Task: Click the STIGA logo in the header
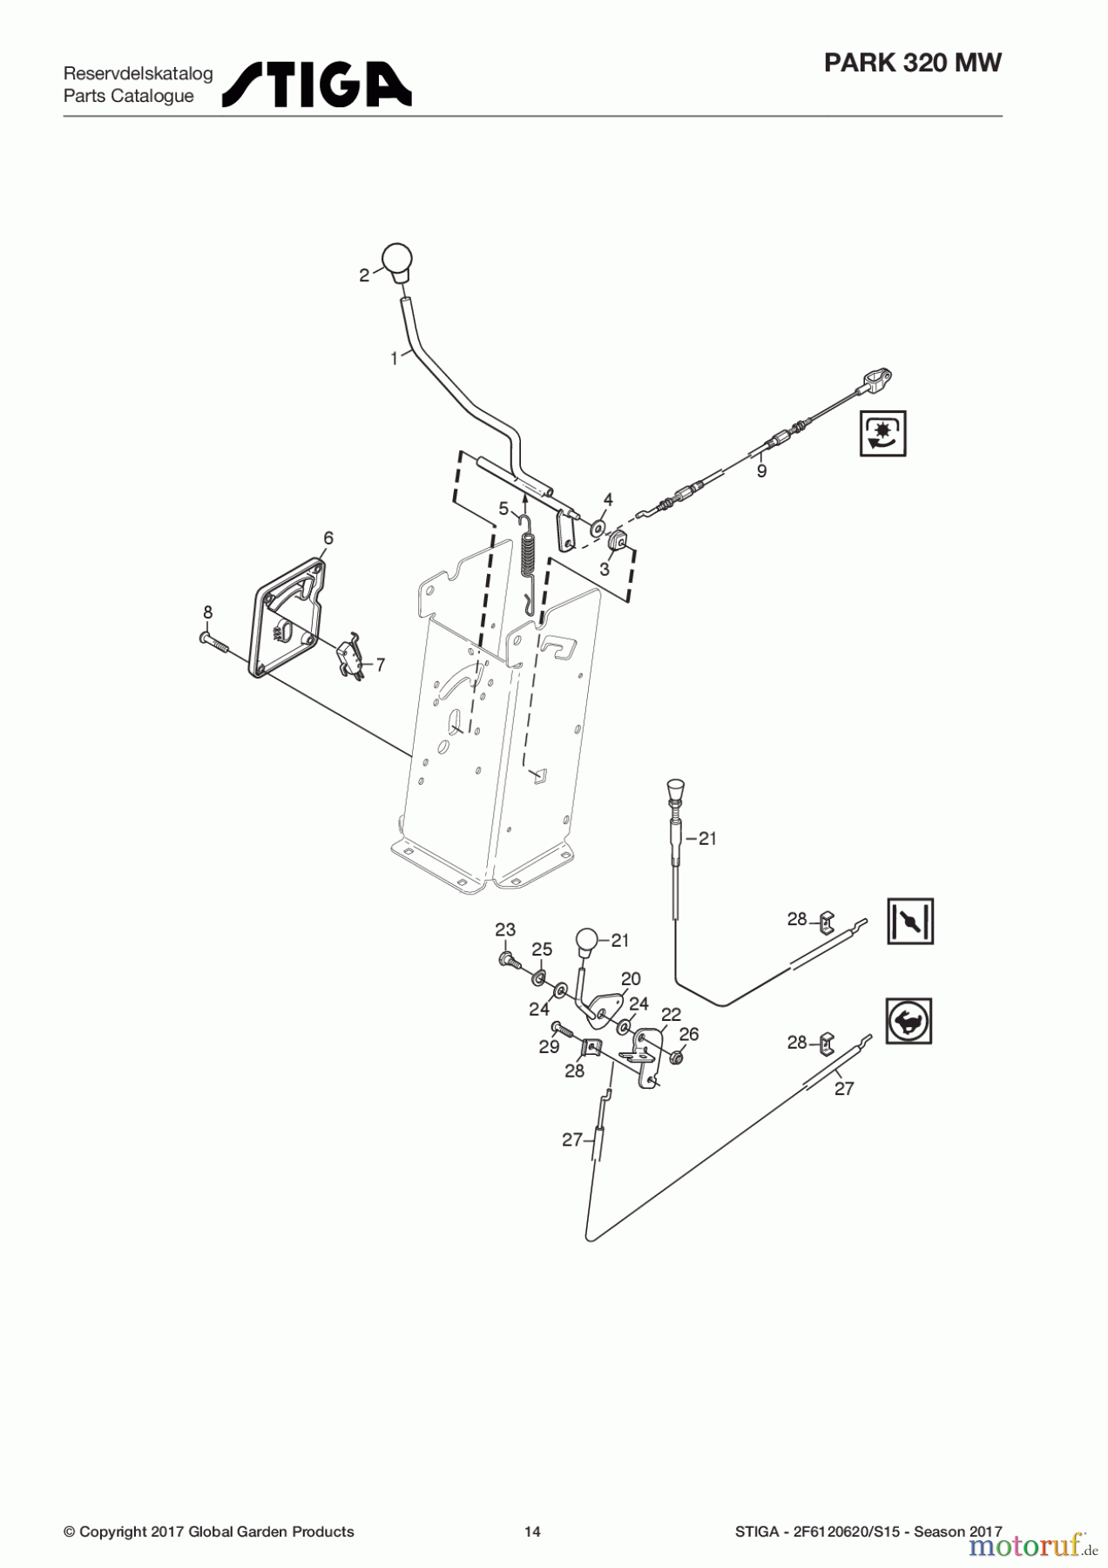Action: pyautogui.click(x=317, y=84)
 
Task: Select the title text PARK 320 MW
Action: pyautogui.click(x=912, y=64)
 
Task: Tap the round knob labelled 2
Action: pyautogui.click(x=397, y=260)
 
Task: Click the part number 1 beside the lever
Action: pyautogui.click(x=395, y=358)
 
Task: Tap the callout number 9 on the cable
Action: pyautogui.click(x=761, y=471)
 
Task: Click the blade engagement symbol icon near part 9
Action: pyautogui.click(x=882, y=433)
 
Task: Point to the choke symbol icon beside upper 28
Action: pyautogui.click(x=909, y=921)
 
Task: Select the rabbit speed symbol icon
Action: pyautogui.click(x=909, y=1020)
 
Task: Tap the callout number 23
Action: pyautogui.click(x=505, y=930)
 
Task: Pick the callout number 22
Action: pyautogui.click(x=671, y=1015)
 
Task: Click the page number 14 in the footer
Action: pyautogui.click(x=532, y=1531)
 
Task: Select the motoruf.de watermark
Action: pyautogui.click(x=1028, y=1546)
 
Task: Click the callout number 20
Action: pyautogui.click(x=631, y=978)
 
